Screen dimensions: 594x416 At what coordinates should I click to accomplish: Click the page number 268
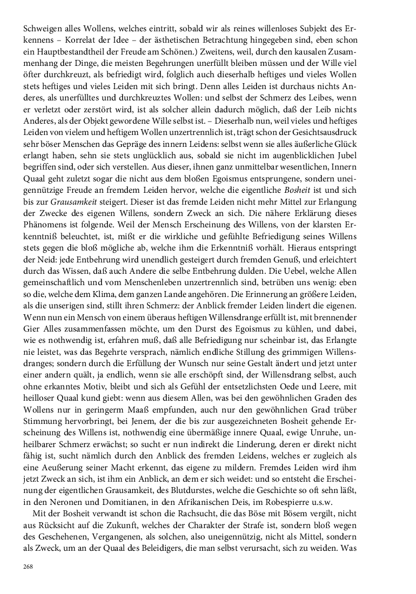[x=29, y=566]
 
